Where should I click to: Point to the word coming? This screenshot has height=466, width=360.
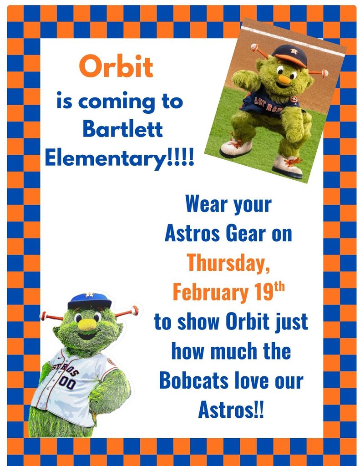(117, 101)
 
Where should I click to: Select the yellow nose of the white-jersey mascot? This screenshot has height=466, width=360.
(87, 324)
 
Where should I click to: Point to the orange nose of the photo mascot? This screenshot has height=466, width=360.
(284, 79)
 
